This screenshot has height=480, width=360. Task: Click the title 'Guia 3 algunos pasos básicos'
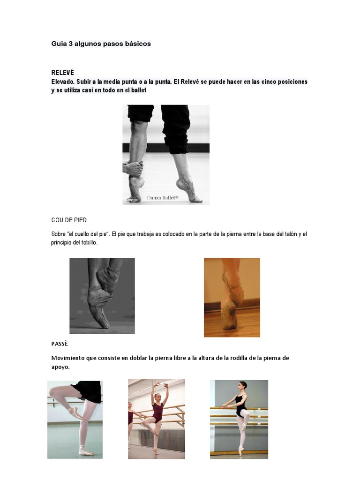coord(101,44)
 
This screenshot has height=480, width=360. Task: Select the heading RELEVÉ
coord(62,73)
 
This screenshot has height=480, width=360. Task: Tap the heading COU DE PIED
coord(69,220)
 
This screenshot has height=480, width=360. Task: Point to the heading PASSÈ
coord(60,344)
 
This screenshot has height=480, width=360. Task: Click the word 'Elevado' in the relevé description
coord(63,82)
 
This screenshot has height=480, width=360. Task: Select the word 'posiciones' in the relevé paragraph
coord(291,82)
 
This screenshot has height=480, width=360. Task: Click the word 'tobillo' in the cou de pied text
coord(88,242)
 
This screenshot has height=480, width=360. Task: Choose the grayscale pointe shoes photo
coord(102,296)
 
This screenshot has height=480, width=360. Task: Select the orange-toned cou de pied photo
coord(232,297)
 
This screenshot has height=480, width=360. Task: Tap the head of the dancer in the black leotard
coord(242,385)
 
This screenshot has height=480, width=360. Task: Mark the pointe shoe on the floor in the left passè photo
coord(86,452)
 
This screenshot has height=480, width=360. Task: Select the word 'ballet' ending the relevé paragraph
coord(137,90)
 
